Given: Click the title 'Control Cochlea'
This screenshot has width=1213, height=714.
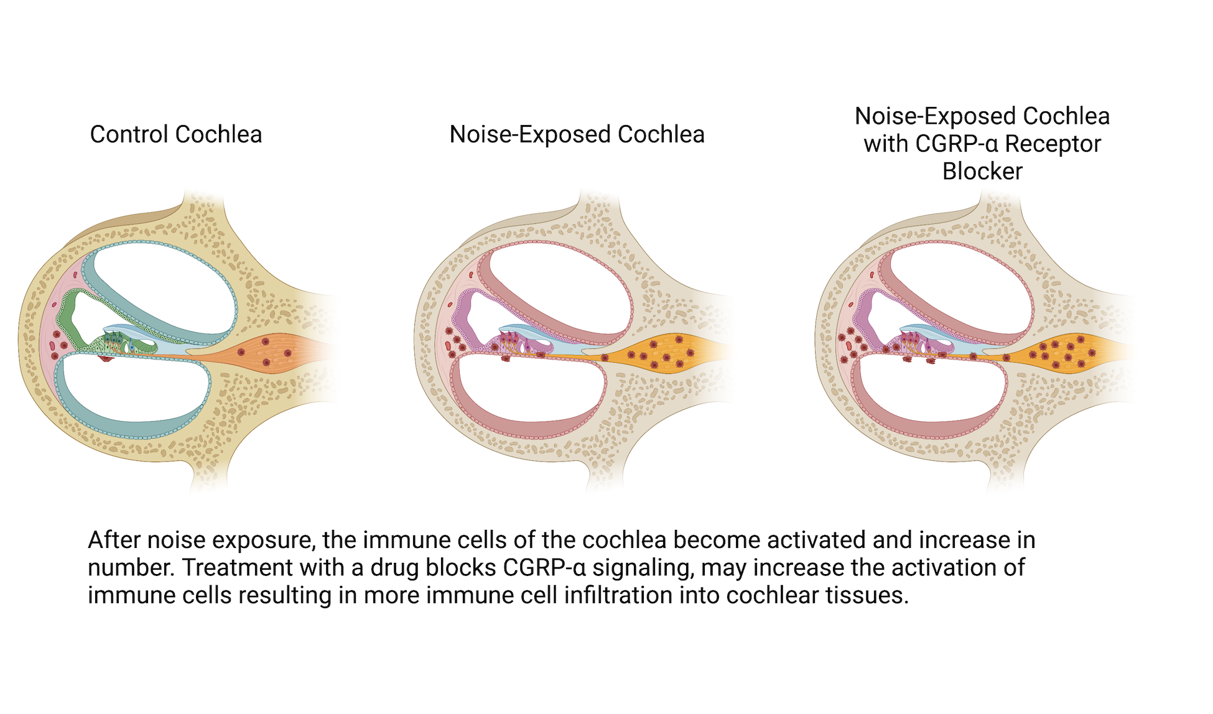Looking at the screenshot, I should coord(176,134).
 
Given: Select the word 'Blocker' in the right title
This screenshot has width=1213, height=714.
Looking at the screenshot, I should coord(982,171).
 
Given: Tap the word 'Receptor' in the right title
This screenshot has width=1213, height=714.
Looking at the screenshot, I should coord(1053,144).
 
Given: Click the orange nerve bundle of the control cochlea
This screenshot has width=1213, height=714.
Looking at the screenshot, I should coord(274,353).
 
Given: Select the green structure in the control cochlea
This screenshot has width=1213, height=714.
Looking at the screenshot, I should coord(65,317).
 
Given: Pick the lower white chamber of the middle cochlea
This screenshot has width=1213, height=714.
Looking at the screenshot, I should coord(529,392).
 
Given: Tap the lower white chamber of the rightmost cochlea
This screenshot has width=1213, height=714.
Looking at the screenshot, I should coord(930,392).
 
